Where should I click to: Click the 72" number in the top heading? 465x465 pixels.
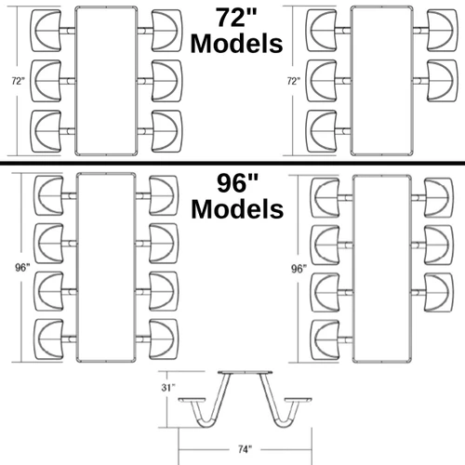pyautogui.click(x=237, y=18)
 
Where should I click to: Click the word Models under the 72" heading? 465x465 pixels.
pyautogui.click(x=237, y=44)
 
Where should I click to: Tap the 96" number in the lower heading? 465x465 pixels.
pyautogui.click(x=237, y=183)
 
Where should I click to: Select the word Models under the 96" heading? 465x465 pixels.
pyautogui.click(x=237, y=209)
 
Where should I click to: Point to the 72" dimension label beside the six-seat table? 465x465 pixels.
pyautogui.click(x=19, y=81)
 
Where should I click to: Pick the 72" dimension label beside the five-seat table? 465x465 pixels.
pyautogui.click(x=294, y=81)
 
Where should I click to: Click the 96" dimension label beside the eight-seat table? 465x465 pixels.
pyautogui.click(x=22, y=267)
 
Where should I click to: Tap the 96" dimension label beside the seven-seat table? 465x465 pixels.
pyautogui.click(x=299, y=269)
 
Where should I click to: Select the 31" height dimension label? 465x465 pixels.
pyautogui.click(x=168, y=387)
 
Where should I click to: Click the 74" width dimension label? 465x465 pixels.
pyautogui.click(x=245, y=449)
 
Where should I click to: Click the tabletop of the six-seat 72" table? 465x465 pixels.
pyautogui.click(x=106, y=81)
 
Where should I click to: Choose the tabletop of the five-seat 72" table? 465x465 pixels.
pyautogui.click(x=382, y=81)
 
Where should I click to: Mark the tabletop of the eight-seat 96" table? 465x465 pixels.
pyautogui.click(x=106, y=268)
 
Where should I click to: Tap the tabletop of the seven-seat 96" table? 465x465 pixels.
pyautogui.click(x=382, y=269)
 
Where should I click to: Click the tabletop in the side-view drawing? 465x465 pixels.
pyautogui.click(x=246, y=372)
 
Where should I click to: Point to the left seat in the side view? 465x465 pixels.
pyautogui.click(x=192, y=400)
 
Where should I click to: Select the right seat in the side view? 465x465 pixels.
pyautogui.click(x=299, y=400)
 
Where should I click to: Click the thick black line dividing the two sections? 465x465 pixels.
pyautogui.click(x=232, y=163)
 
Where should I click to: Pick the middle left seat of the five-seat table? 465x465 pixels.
pyautogui.click(x=322, y=81)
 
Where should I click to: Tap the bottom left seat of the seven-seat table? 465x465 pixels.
pyautogui.click(x=325, y=340)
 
